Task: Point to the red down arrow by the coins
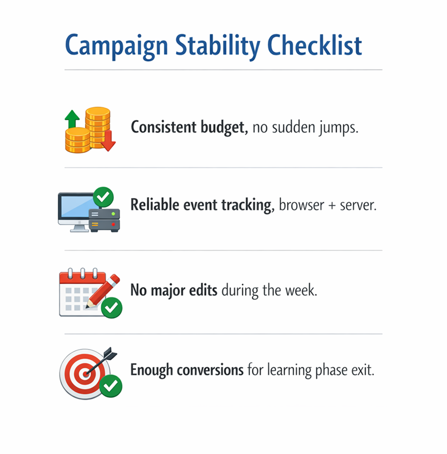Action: click(108, 142)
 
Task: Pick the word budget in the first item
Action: click(224, 127)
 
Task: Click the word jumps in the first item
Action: click(338, 128)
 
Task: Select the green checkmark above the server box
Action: click(103, 197)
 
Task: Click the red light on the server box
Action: click(113, 224)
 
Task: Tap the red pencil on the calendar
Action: click(105, 290)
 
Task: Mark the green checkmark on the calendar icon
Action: click(112, 308)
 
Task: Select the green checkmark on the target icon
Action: click(111, 385)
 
